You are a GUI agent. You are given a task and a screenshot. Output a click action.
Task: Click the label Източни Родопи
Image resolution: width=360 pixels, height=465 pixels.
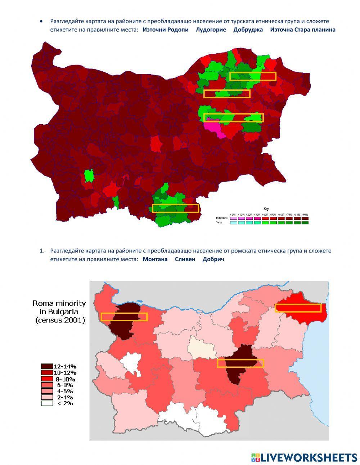coord(165,30)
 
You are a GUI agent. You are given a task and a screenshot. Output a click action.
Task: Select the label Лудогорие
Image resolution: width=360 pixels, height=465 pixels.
coord(211,30)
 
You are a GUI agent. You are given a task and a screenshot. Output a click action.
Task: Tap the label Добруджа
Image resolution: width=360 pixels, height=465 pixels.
coord(248,30)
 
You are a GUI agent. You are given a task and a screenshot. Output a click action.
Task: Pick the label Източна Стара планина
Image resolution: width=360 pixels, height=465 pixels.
coord(302,30)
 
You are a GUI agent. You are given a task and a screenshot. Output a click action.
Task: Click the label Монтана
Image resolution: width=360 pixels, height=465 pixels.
coord(155,259)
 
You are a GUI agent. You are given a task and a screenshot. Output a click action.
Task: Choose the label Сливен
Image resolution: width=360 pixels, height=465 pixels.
coord(185,259)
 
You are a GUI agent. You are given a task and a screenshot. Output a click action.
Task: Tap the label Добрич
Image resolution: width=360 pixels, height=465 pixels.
coord(213,259)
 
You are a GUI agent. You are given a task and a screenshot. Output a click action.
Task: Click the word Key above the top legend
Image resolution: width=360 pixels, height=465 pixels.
coord(266,209)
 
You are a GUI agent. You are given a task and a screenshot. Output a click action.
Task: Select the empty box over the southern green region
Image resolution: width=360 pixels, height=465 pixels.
coord(175,208)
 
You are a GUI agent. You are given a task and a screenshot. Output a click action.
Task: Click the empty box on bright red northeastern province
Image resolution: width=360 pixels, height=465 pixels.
coord(298,308)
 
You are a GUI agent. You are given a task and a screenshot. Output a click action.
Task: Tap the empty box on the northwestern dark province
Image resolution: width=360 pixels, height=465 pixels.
coord(124,317)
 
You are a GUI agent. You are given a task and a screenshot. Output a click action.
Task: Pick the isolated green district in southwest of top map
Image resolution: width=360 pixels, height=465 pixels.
coord(89,175)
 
